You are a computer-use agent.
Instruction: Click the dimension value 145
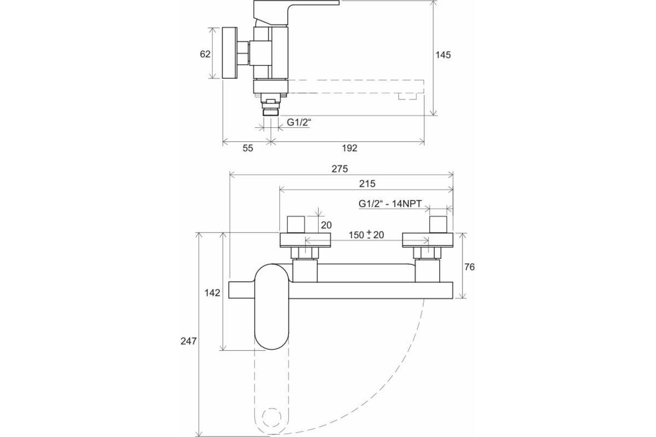443,55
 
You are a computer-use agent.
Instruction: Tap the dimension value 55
248,148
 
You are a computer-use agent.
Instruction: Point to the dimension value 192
349,148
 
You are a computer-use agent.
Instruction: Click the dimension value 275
340,169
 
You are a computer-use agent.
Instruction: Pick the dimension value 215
366,184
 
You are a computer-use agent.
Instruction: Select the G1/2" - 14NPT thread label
389,204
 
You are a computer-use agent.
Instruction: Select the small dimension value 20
326,225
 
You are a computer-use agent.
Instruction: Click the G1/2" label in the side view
298,123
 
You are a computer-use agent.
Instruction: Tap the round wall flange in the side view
230,53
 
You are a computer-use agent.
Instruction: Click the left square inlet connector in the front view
296,224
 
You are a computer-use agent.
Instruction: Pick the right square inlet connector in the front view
439,224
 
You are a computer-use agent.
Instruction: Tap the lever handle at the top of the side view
295,11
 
